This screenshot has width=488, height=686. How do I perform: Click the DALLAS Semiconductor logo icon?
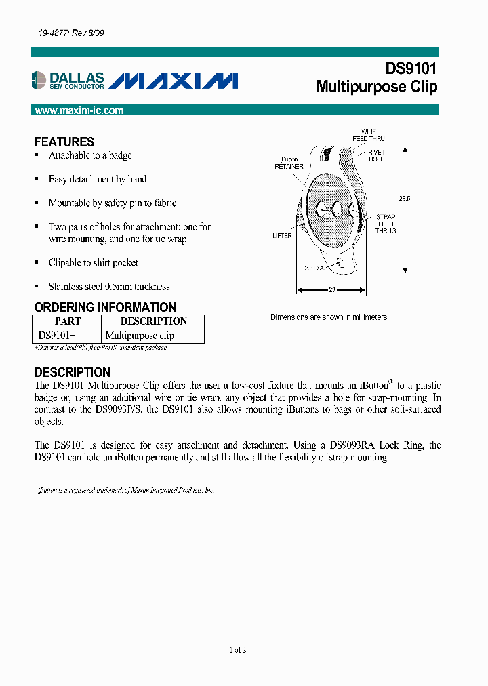(41, 80)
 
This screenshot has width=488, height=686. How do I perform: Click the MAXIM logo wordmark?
(174, 81)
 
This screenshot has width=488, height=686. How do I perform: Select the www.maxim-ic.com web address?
(79, 110)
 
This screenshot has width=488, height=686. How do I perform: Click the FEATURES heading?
(64, 142)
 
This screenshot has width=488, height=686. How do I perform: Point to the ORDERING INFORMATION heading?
(105, 307)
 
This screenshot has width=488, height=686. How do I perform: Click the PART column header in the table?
(67, 321)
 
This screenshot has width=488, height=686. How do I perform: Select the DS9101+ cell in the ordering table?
(58, 336)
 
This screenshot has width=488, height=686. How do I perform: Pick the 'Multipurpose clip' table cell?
(140, 336)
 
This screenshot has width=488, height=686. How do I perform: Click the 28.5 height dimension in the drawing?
(404, 199)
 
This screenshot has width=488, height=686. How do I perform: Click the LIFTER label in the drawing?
(282, 236)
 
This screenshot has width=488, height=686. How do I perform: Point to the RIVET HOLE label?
(376, 156)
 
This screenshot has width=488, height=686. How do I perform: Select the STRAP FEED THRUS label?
(386, 224)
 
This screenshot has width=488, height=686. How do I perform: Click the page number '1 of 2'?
(238, 650)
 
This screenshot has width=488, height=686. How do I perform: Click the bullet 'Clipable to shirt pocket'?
(94, 263)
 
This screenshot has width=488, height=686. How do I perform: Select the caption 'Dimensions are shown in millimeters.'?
(329, 317)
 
